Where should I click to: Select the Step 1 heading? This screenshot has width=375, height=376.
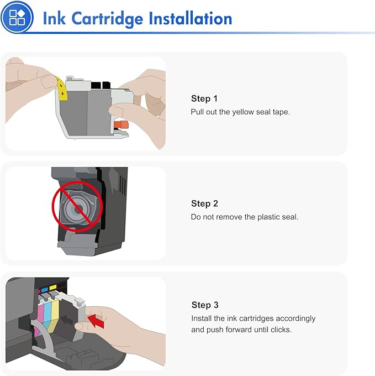pyautogui.click(x=204, y=98)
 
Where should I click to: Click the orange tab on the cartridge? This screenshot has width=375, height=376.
pyautogui.click(x=123, y=126)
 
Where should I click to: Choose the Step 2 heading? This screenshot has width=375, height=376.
pyautogui.click(x=204, y=203)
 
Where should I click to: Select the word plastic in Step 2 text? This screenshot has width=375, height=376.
pyautogui.click(x=267, y=217)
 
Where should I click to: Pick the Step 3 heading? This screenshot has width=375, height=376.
pyautogui.click(x=205, y=305)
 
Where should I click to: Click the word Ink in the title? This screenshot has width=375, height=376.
pyautogui.click(x=54, y=18)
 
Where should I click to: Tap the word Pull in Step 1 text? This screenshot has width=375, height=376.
pyautogui.click(x=198, y=112)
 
